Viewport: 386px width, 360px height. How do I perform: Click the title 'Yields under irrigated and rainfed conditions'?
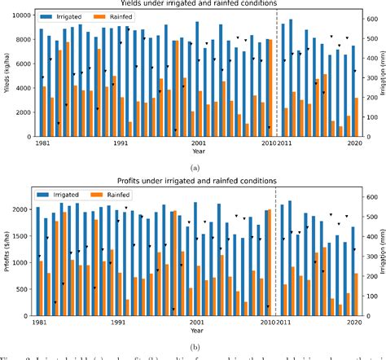point(192,6)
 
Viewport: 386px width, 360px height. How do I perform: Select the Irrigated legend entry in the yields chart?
point(68,16)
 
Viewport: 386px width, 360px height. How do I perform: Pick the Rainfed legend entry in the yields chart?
point(121,16)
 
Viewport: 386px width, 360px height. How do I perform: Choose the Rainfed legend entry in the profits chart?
point(121,195)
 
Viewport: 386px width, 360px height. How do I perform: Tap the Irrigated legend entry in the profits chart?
point(68,195)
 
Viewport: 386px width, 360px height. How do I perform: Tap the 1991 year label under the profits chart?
point(121,323)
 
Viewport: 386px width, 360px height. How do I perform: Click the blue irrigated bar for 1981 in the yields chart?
point(41,81)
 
